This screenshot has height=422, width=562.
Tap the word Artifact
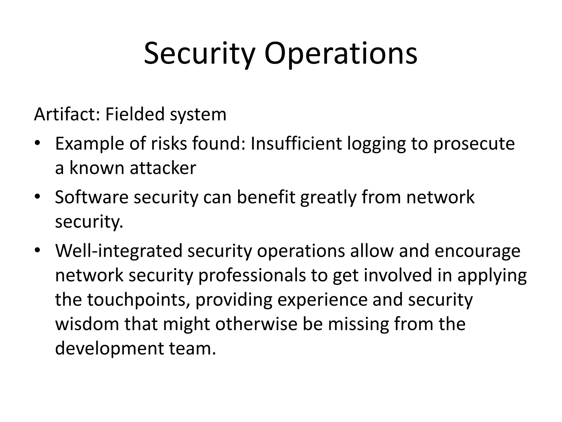(66, 114)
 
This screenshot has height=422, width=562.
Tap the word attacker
(163, 168)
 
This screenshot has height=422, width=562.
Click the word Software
(92, 197)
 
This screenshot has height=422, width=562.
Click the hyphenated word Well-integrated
(119, 251)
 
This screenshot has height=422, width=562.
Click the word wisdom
(87, 324)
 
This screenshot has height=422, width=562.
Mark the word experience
(322, 300)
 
